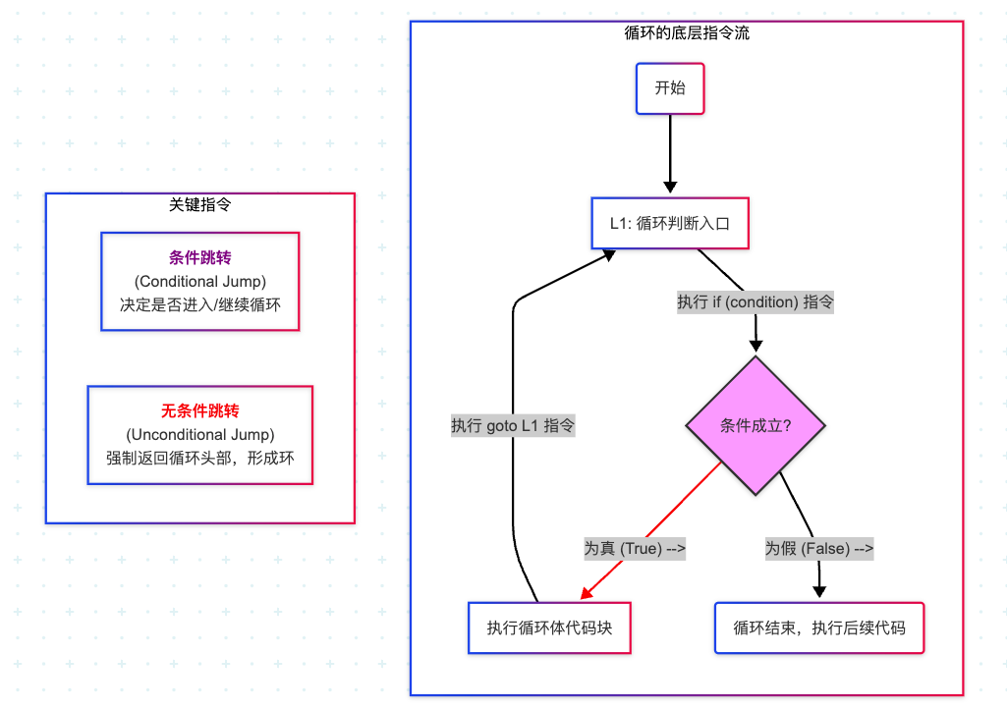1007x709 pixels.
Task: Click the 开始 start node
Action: coord(670,88)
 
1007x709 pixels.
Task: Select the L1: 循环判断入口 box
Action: coord(670,223)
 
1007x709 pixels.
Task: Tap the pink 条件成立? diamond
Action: coord(755,426)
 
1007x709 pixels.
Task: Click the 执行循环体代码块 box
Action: coord(549,628)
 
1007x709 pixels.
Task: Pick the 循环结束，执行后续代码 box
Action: coord(818,628)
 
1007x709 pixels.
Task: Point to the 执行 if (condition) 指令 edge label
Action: coord(755,301)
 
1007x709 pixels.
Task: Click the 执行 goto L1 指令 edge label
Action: coord(513,426)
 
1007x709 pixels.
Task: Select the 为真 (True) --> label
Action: coord(635,549)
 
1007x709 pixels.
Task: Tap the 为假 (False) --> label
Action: coord(818,549)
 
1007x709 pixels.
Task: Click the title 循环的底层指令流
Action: coord(687,32)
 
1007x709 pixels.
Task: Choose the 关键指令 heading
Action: coord(199,205)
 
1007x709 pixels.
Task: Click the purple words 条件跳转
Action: coord(199,258)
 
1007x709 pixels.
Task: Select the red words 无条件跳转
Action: coord(199,411)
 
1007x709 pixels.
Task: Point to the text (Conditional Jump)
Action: coord(199,281)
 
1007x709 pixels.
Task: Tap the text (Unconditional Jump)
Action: coord(199,435)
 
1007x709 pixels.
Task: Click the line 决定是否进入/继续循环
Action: coord(199,304)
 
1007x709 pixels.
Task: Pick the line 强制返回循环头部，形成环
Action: coord(199,458)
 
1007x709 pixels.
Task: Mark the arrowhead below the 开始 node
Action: coord(670,187)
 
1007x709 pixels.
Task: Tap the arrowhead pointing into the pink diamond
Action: coord(755,346)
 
